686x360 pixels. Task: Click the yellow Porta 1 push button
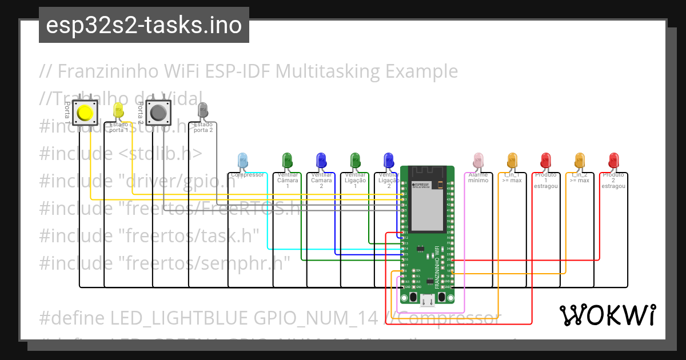coord(85,113)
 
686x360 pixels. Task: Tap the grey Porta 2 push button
coord(158,113)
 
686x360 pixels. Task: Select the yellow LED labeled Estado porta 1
coord(118,110)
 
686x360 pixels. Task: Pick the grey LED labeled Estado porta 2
coord(203,110)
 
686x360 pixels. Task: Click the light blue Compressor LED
coord(242,161)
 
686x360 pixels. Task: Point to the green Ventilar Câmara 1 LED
coord(288,161)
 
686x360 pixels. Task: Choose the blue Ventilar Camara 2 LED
coord(321,161)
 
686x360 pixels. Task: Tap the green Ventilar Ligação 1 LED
coord(355,161)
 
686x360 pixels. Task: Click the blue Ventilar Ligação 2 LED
coord(389,161)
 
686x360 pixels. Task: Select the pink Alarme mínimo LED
coord(478,161)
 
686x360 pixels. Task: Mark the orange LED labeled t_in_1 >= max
coord(512,161)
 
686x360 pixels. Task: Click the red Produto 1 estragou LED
coord(545,161)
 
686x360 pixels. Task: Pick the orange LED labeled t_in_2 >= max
coord(579,161)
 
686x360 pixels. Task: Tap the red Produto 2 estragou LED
coord(613,161)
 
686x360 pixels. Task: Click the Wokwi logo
coord(607,315)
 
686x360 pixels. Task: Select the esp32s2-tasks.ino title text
coord(143,25)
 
